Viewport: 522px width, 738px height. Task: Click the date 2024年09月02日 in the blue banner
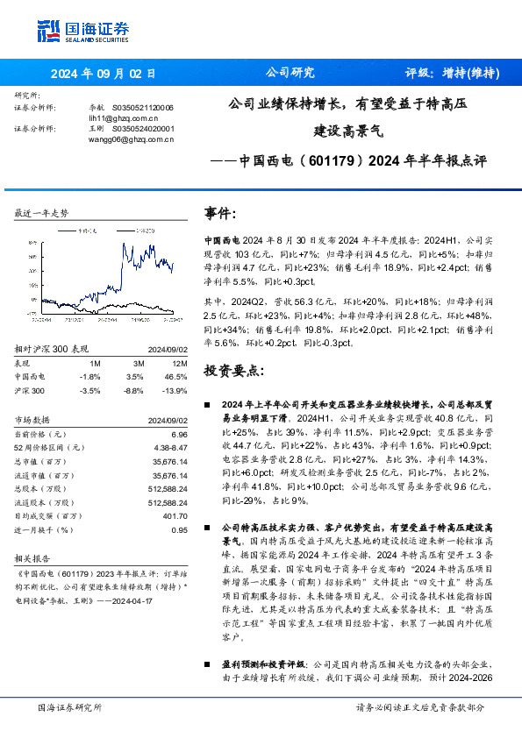[x=104, y=74]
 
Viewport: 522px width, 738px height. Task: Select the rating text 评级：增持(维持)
[x=452, y=74]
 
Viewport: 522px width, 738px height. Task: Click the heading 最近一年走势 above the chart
[x=41, y=213]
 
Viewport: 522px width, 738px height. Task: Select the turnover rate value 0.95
[x=179, y=529]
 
